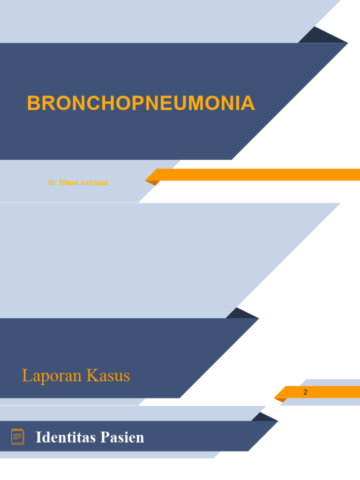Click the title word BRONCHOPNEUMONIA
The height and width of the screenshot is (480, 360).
click(x=141, y=104)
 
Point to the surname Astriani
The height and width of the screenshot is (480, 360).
click(x=93, y=183)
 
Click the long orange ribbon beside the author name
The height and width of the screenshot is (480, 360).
click(x=258, y=174)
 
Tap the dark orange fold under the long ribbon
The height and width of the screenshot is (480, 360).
click(x=153, y=182)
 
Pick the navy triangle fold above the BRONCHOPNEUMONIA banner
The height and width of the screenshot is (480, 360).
click(x=319, y=36)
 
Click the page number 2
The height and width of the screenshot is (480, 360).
click(x=306, y=392)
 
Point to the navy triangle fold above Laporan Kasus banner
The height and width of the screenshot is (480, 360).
click(x=240, y=314)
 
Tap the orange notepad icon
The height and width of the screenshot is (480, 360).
click(x=18, y=436)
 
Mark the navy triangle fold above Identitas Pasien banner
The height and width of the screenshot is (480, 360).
click(x=262, y=417)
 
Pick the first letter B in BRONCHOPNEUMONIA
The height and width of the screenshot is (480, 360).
click(x=33, y=104)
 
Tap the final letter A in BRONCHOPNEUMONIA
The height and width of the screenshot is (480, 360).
click(x=248, y=104)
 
